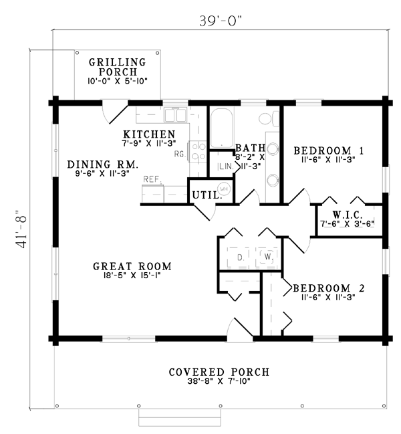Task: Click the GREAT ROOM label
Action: (x=132, y=266)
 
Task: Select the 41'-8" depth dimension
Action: (x=21, y=229)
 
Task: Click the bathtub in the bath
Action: (x=221, y=128)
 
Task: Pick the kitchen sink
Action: (x=175, y=115)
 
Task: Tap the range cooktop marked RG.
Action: (x=197, y=151)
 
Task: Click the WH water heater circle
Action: (x=224, y=189)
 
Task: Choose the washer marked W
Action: (x=268, y=257)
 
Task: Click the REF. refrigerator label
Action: (x=152, y=179)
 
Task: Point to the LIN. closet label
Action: (x=226, y=167)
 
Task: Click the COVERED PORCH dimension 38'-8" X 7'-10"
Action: (x=219, y=381)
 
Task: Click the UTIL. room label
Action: (x=207, y=195)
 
